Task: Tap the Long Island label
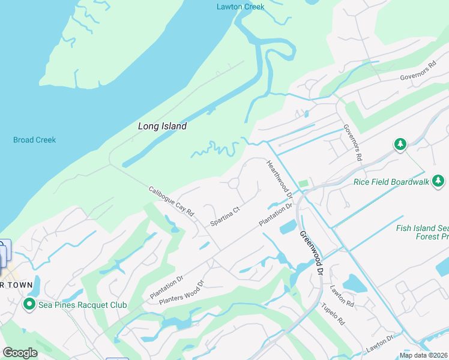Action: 162,126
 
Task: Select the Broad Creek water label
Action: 34,140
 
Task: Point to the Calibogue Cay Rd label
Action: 172,201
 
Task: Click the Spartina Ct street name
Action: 225,216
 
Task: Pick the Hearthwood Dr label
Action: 279,178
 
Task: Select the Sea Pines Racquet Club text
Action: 83,305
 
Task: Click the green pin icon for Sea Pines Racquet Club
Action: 28,305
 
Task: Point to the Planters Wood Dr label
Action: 182,292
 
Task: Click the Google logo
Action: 20,353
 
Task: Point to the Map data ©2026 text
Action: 424,355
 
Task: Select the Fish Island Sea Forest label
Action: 422,232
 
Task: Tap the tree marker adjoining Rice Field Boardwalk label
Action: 439,180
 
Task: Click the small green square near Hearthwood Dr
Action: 303,183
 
